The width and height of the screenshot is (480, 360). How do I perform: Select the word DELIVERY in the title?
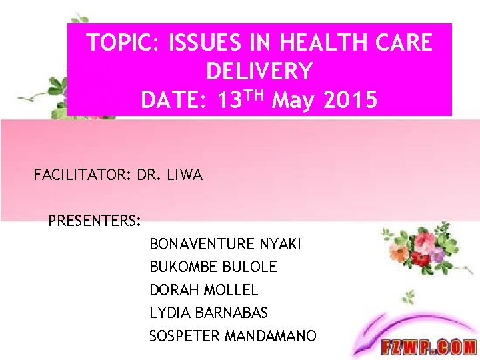pos(259,71)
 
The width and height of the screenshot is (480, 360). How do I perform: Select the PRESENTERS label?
pos(94,220)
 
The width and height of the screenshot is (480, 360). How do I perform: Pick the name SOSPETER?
pos(185,336)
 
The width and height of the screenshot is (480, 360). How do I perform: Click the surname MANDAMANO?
pos(271,336)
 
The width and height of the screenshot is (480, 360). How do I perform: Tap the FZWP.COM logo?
pos(428,347)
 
